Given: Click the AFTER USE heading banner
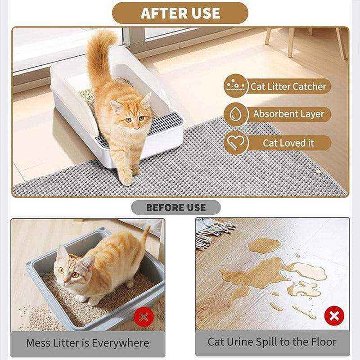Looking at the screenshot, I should [x=180, y=13].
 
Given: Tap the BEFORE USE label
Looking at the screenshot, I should [x=176, y=207].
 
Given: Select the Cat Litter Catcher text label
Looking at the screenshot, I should [x=288, y=86].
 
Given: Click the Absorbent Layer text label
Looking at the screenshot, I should [x=288, y=114].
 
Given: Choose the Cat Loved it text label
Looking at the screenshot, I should [x=288, y=143].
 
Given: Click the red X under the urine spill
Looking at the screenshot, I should [x=333, y=316].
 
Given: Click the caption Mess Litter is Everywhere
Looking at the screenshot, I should [x=88, y=343].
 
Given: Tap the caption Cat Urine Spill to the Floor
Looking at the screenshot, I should [x=272, y=342].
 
